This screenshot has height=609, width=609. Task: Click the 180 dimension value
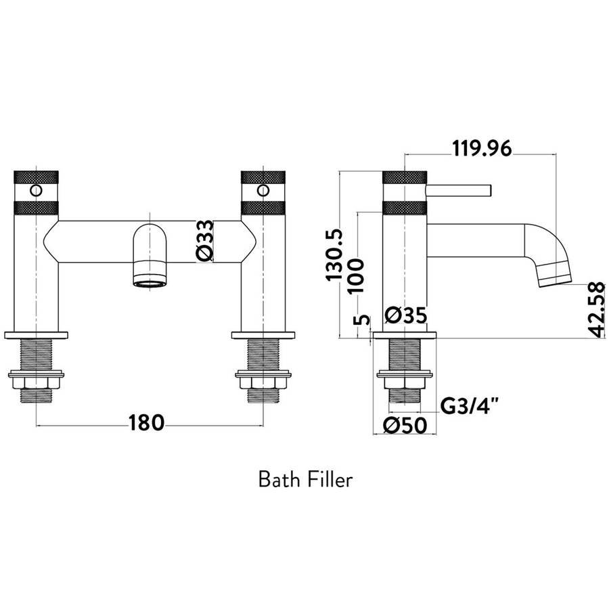coord(146,423)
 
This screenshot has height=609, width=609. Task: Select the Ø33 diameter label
coord(205,240)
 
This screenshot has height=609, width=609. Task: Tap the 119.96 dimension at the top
coord(482,148)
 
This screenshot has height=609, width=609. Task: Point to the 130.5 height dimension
coord(334,254)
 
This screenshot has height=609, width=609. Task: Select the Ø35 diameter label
coord(406,315)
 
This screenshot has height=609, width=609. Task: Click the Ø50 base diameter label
coord(405,426)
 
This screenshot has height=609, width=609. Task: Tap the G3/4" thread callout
coord(469,407)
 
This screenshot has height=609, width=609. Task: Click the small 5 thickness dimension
coord(361,320)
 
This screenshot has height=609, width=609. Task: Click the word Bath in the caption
coord(279,480)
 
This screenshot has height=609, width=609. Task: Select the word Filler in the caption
coord(330,480)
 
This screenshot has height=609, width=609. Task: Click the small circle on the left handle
coord(36,190)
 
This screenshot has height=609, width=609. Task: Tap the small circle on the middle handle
coord(263,190)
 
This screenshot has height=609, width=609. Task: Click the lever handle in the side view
coord(459,190)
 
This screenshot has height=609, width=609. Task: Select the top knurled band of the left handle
coord(36,177)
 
